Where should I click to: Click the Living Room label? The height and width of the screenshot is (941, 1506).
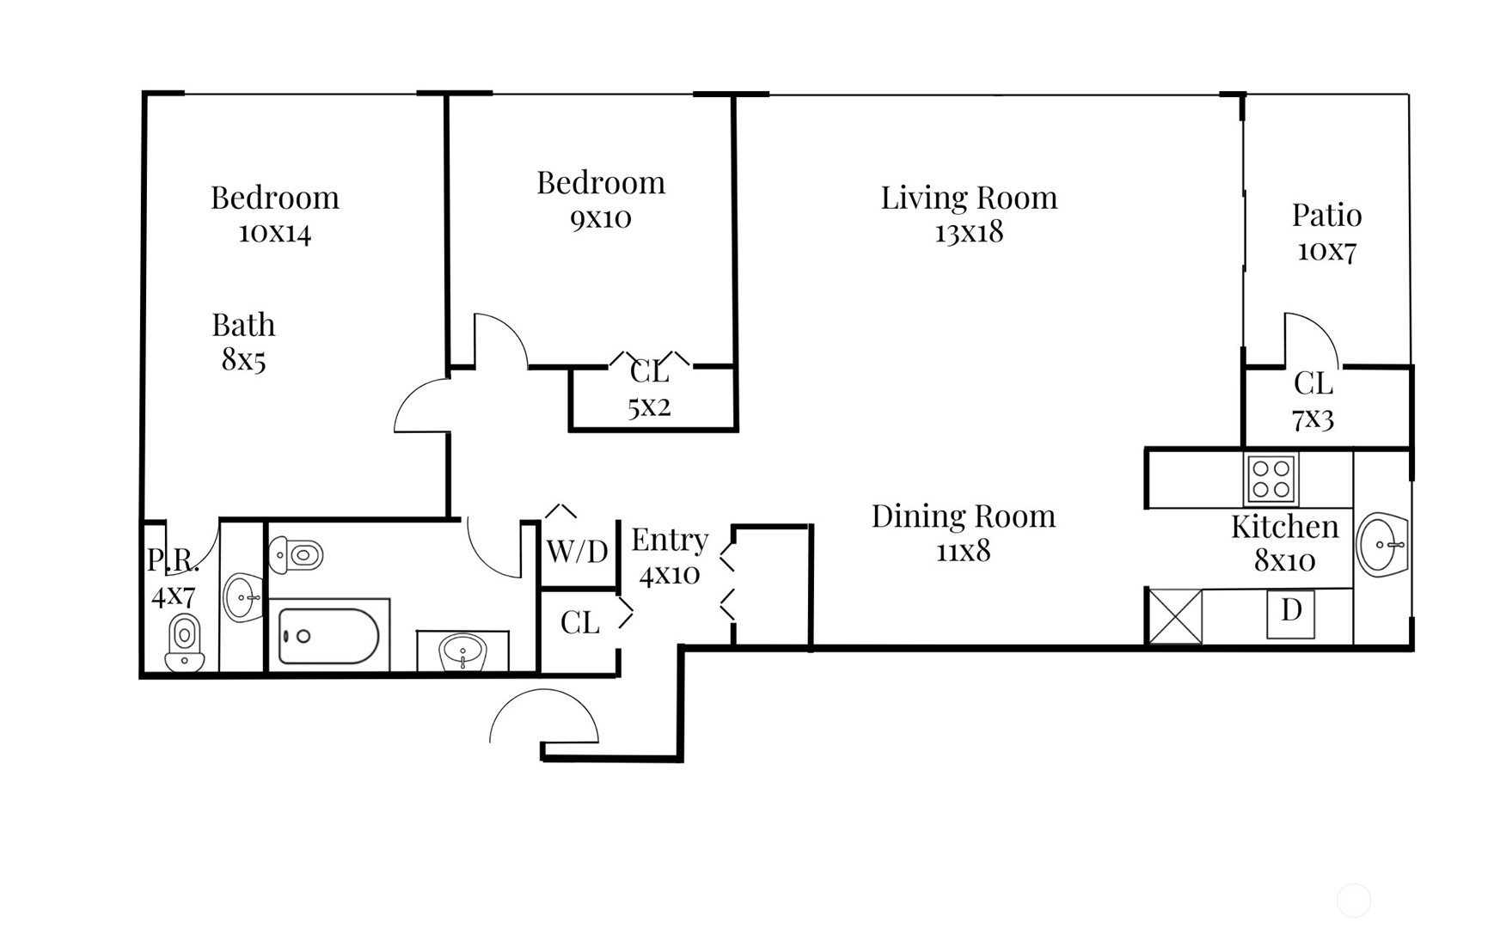(x=969, y=198)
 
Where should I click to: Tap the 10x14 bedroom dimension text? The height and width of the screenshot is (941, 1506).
(x=274, y=233)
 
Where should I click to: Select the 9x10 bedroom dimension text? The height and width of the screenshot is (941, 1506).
(x=601, y=218)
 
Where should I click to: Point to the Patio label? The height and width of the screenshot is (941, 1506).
(x=1326, y=215)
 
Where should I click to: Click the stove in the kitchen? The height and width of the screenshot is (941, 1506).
(x=1271, y=480)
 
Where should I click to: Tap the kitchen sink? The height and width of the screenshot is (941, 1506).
(x=1382, y=544)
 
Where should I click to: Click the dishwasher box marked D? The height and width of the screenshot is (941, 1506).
(x=1291, y=614)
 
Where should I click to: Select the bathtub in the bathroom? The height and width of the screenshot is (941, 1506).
(x=329, y=636)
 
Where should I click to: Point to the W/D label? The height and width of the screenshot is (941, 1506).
(x=578, y=551)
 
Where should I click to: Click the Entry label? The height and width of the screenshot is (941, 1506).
(x=670, y=541)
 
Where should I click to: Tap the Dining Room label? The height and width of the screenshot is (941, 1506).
(x=964, y=516)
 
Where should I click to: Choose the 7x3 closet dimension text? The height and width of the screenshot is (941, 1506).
(x=1313, y=419)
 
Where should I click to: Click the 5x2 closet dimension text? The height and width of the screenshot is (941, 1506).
(x=649, y=406)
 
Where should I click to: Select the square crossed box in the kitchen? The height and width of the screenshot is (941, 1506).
(x=1175, y=616)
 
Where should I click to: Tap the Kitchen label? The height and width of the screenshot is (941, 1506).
(x=1285, y=527)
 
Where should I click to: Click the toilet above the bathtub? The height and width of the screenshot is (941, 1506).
(x=296, y=555)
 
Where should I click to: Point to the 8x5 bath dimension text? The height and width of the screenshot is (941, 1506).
(x=243, y=360)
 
